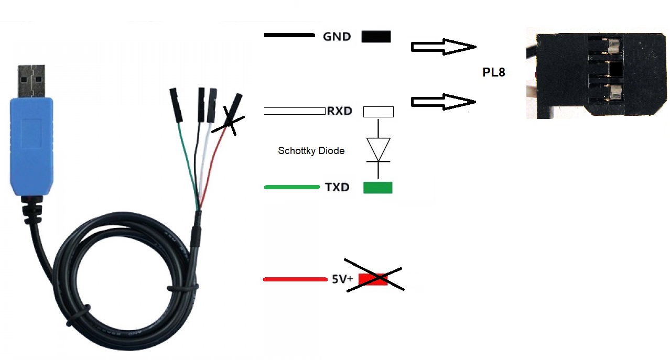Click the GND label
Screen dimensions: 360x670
click(337, 37)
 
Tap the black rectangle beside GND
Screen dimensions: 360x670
click(376, 36)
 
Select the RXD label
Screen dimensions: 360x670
click(339, 111)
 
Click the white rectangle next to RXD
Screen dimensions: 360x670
click(378, 111)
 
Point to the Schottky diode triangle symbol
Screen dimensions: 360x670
click(378, 146)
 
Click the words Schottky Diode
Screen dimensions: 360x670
click(311, 151)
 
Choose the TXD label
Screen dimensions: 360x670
click(337, 187)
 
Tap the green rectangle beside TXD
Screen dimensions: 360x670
click(377, 187)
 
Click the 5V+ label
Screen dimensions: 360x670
click(343, 279)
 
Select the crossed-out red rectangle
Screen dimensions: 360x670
click(373, 279)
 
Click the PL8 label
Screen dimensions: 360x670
click(494, 73)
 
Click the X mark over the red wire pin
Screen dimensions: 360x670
click(231, 121)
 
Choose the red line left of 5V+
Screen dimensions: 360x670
click(294, 279)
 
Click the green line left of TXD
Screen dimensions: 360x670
click(292, 187)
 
